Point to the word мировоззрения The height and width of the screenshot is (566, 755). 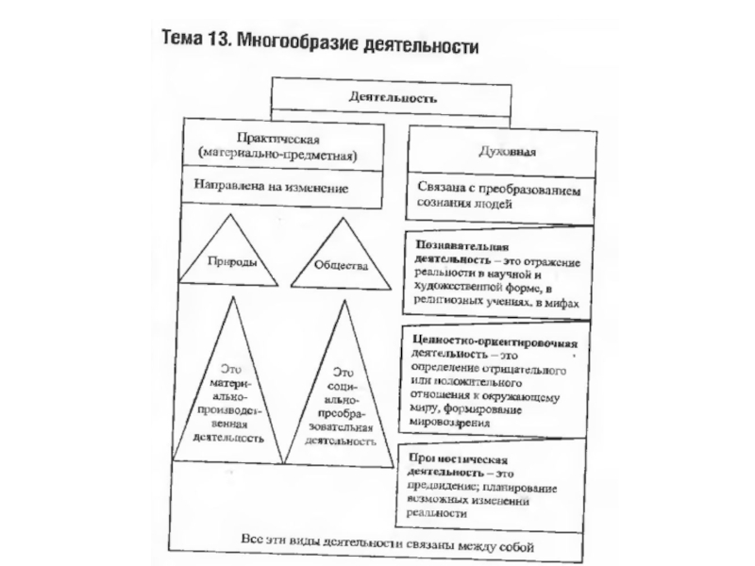click(x=452, y=424)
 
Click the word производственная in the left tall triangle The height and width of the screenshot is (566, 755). click(x=231, y=412)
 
